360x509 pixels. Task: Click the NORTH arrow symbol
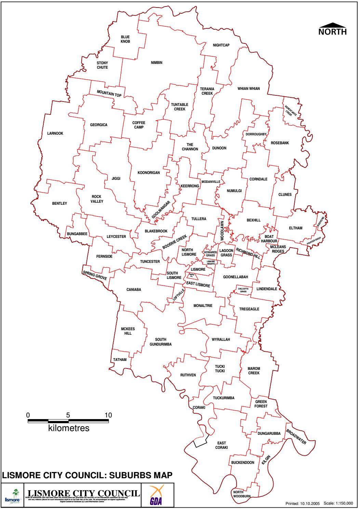(x=332, y=25)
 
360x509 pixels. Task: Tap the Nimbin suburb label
(x=156, y=63)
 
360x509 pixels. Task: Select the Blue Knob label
(x=125, y=39)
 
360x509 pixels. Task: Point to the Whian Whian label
(x=249, y=89)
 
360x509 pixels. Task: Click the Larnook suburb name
(x=55, y=133)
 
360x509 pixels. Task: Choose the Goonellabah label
(x=235, y=277)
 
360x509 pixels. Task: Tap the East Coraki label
(x=222, y=445)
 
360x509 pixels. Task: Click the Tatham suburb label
(x=120, y=360)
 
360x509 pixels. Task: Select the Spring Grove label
(x=95, y=276)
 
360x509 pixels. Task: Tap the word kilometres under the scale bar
(x=69, y=428)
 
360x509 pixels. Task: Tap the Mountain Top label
(x=109, y=93)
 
